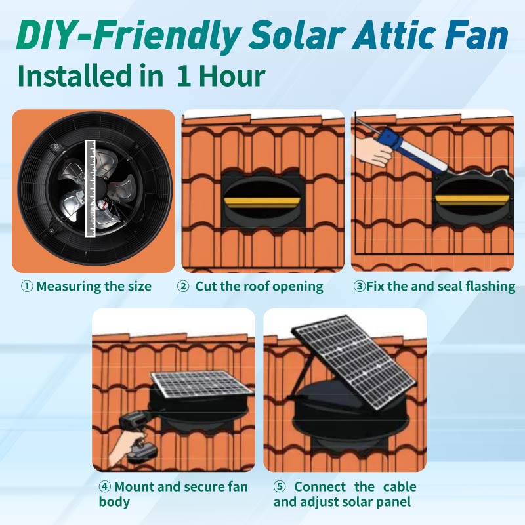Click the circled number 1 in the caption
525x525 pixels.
tap(27, 286)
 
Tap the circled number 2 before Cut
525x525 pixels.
tap(184, 286)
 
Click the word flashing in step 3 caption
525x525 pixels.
tap(489, 287)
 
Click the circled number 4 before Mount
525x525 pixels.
tap(104, 487)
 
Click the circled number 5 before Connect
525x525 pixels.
tap(280, 487)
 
